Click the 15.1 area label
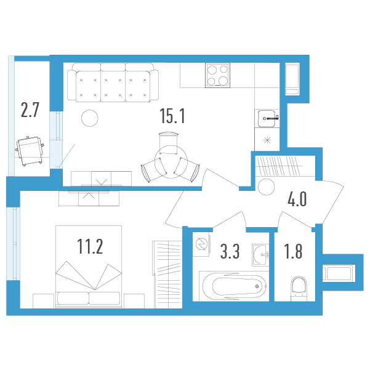click(x=172, y=116)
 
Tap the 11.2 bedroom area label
click(x=90, y=246)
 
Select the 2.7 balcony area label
click(x=30, y=110)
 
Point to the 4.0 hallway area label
click(x=297, y=199)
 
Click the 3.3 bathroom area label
click(x=230, y=251)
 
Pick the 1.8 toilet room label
click(x=293, y=251)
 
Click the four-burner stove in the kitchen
click(x=217, y=75)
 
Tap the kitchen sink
click(x=267, y=118)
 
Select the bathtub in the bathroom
click(x=234, y=286)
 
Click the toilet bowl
click(x=299, y=288)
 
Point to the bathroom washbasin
click(x=260, y=255)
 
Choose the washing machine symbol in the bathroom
click(x=202, y=244)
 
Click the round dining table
click(x=171, y=162)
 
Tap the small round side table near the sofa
click(x=90, y=118)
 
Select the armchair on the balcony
click(x=30, y=151)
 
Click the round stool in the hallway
click(x=267, y=187)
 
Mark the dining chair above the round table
click(x=168, y=143)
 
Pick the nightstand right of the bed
click(x=134, y=301)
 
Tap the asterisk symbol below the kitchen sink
click(x=267, y=140)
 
